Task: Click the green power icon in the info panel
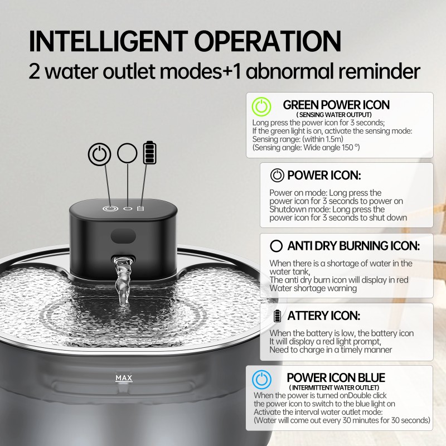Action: (x=262, y=106)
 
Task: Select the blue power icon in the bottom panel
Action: (x=262, y=379)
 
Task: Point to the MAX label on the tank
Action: (x=124, y=378)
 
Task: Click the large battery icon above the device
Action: (x=150, y=152)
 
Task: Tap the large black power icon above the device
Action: (x=99, y=154)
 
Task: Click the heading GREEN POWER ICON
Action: (x=336, y=105)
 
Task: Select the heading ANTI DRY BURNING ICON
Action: (x=353, y=245)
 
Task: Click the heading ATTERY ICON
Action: (x=324, y=316)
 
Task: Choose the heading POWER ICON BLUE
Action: (x=336, y=377)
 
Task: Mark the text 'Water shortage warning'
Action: (x=313, y=288)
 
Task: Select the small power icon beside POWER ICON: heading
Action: (x=277, y=176)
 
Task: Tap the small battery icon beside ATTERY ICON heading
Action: (x=278, y=316)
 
